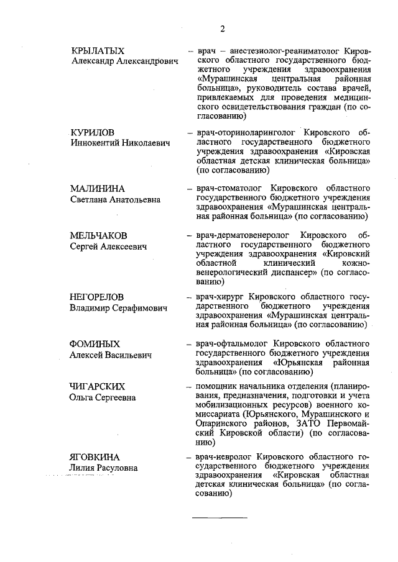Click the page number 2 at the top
(222, 29)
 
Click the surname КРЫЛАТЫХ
(98, 50)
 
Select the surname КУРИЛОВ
(94, 132)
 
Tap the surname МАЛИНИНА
(98, 188)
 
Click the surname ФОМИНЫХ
(95, 343)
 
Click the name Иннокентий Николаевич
(119, 143)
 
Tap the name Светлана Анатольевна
(115, 199)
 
